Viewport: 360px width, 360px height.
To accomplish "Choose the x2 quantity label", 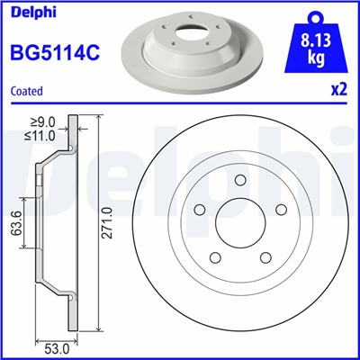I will (x=337, y=89).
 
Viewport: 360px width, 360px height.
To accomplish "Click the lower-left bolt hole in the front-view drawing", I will (x=217, y=257).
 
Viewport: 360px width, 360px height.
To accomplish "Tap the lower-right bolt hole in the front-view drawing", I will (x=264, y=257).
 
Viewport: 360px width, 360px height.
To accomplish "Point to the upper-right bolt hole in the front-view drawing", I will (x=278, y=212).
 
